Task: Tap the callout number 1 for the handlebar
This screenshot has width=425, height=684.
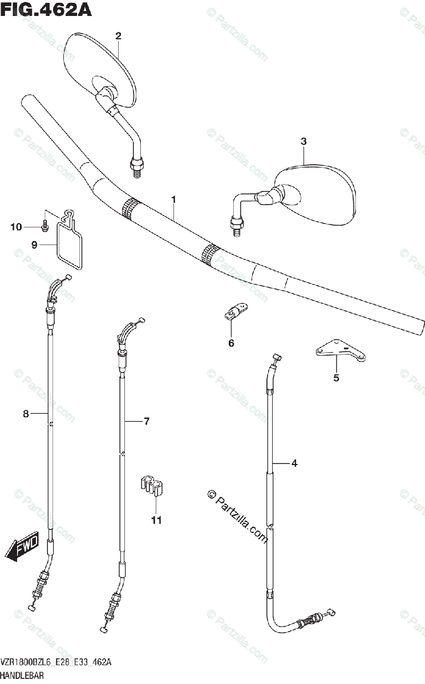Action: pos(173,199)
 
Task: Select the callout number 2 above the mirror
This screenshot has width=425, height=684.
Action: pos(118,36)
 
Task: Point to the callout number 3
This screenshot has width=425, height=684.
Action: pos(303,141)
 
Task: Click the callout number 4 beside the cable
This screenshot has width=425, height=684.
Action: pos(294,463)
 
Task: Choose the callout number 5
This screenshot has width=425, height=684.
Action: pos(336,377)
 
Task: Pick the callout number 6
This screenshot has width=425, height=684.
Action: pos(231,343)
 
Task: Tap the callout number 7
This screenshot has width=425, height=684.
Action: pos(147,421)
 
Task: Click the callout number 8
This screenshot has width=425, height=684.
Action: pos(26,414)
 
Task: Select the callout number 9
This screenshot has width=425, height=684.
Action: pos(34,245)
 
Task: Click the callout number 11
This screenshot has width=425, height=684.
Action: pos(156,520)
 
